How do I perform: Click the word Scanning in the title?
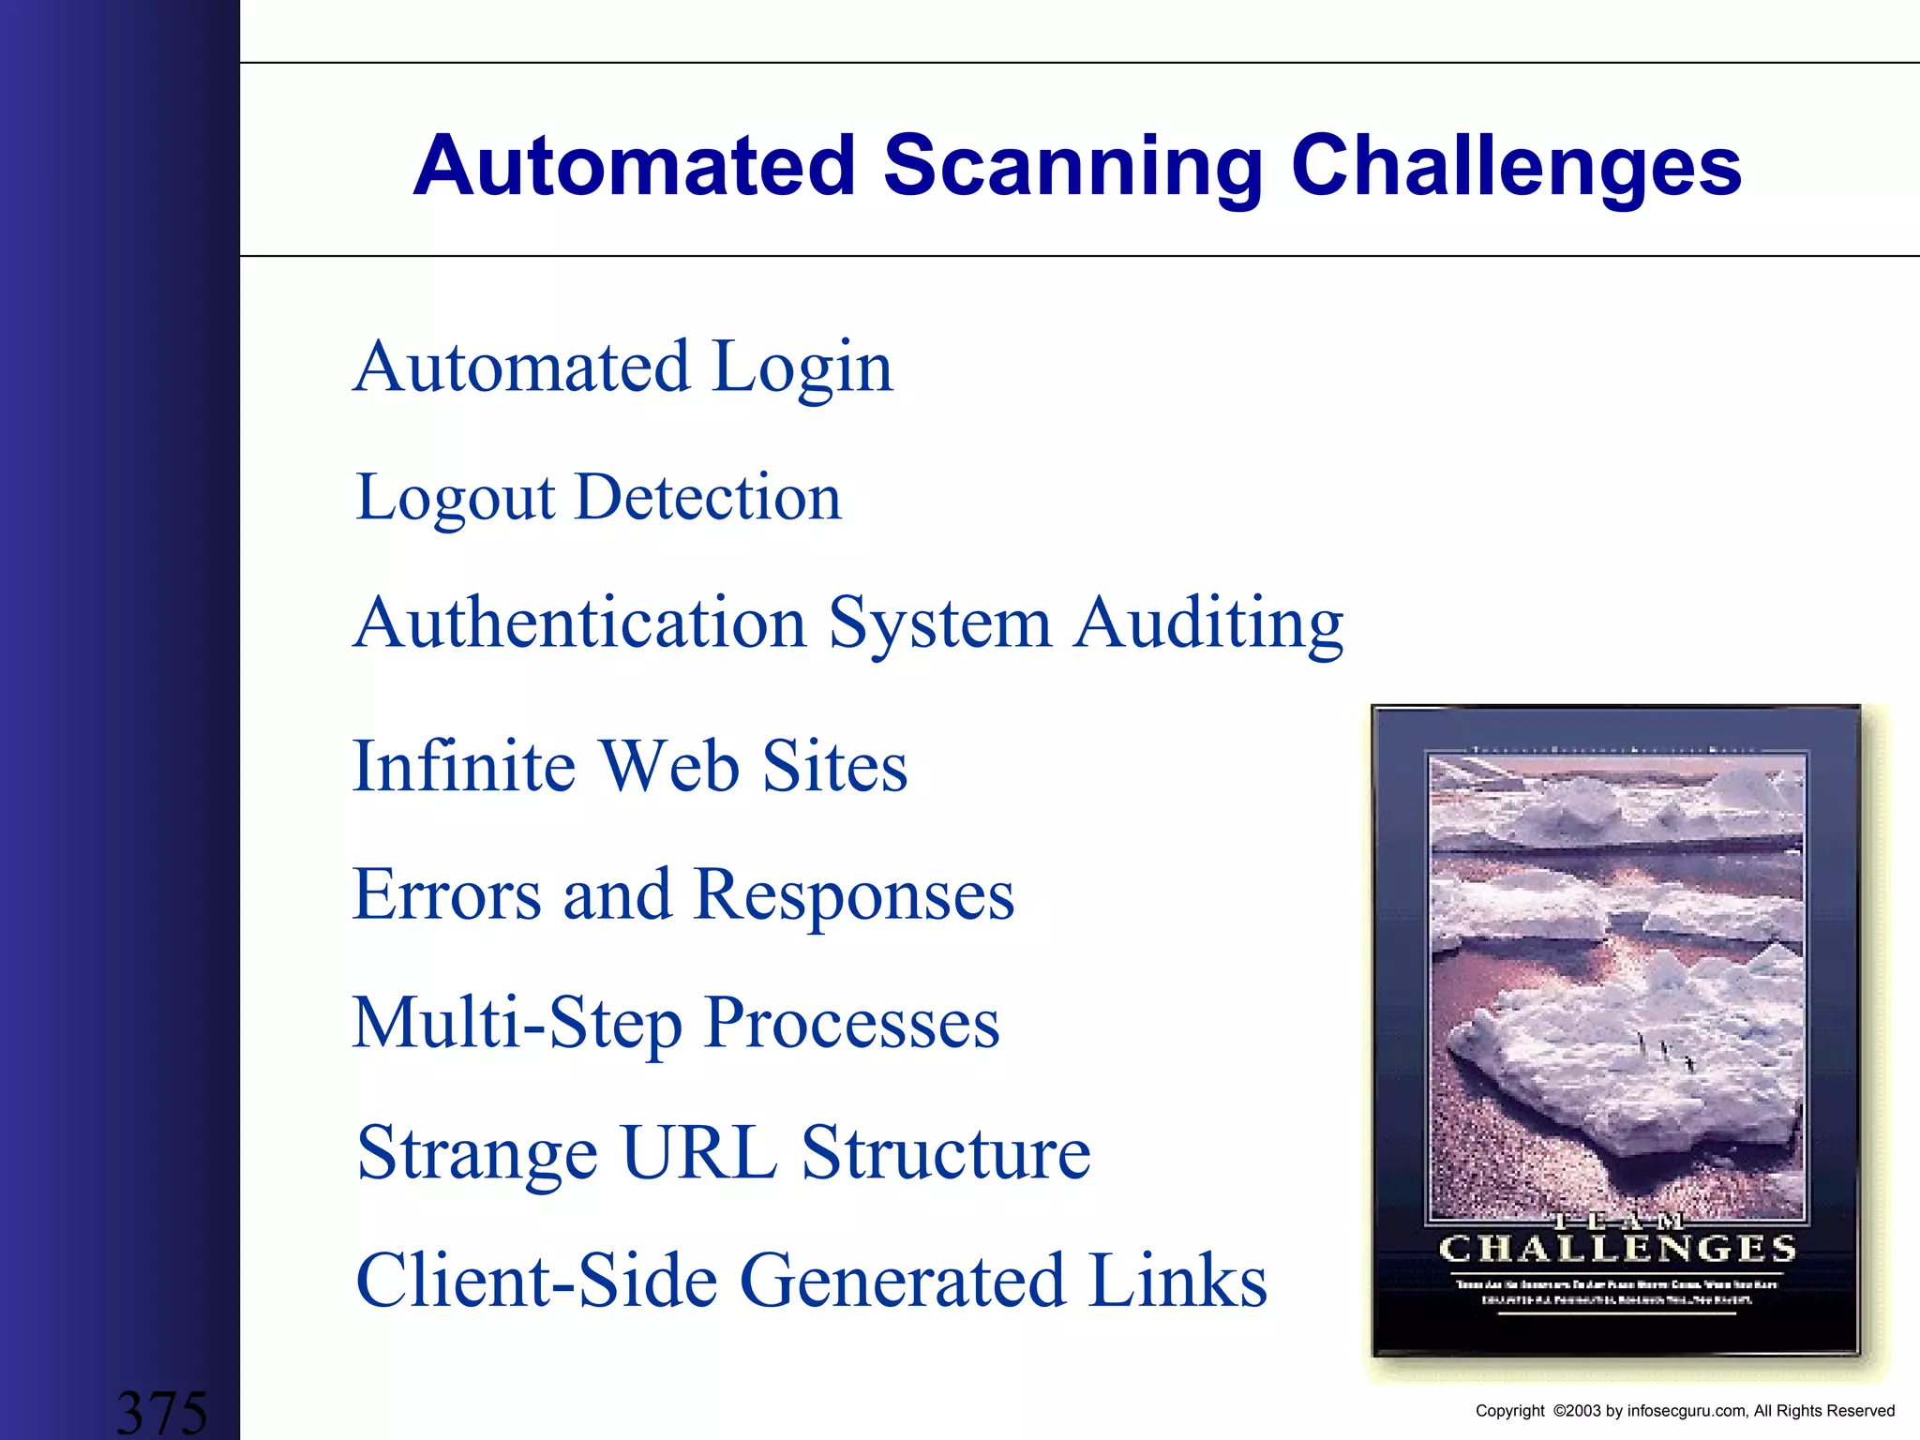[x=1073, y=166]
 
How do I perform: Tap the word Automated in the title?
[x=635, y=166]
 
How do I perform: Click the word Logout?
[x=456, y=497]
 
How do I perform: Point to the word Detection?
[x=708, y=497]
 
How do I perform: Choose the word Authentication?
[x=580, y=623]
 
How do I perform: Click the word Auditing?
[x=1208, y=623]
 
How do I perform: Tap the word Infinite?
[x=464, y=767]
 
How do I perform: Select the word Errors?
[x=447, y=894]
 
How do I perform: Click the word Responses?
[x=854, y=894]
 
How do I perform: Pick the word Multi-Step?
[x=517, y=1024]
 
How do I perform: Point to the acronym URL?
[x=698, y=1153]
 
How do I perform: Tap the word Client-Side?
[x=536, y=1281]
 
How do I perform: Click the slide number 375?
[x=161, y=1413]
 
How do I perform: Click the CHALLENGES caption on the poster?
[x=1617, y=1250]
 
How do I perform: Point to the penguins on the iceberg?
[x=1665, y=1051]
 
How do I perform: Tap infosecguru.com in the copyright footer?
[x=1687, y=1411]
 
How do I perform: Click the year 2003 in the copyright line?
[x=1584, y=1411]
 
